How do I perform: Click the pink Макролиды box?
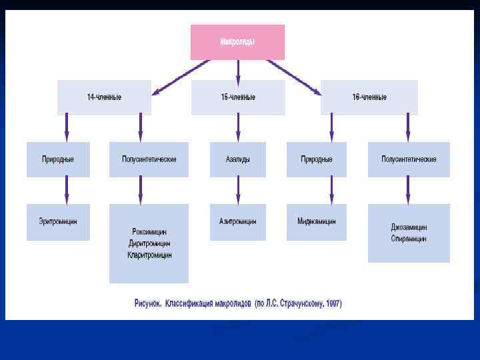coord(237,42)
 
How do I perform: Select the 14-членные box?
coord(104,97)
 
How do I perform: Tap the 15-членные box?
coord(238,97)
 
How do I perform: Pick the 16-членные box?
coord(369,97)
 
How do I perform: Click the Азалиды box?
coord(238,159)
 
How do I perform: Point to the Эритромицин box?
coord(58,221)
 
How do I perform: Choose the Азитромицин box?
coord(238,221)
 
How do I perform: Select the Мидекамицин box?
coord(317,221)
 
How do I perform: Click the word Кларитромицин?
coord(149,255)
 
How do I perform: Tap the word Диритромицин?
coord(149,243)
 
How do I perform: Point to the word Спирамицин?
coord(409,239)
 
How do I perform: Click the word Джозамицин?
coord(409,227)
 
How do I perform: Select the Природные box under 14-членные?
coord(58,159)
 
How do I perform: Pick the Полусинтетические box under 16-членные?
coord(409,159)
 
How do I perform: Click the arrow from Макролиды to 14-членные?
coord(180,75)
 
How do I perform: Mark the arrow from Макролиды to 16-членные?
coord(293,75)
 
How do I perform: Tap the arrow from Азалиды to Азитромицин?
coord(238,190)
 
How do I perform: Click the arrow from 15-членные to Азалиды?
coord(238,128)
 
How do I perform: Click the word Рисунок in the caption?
coord(149,304)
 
